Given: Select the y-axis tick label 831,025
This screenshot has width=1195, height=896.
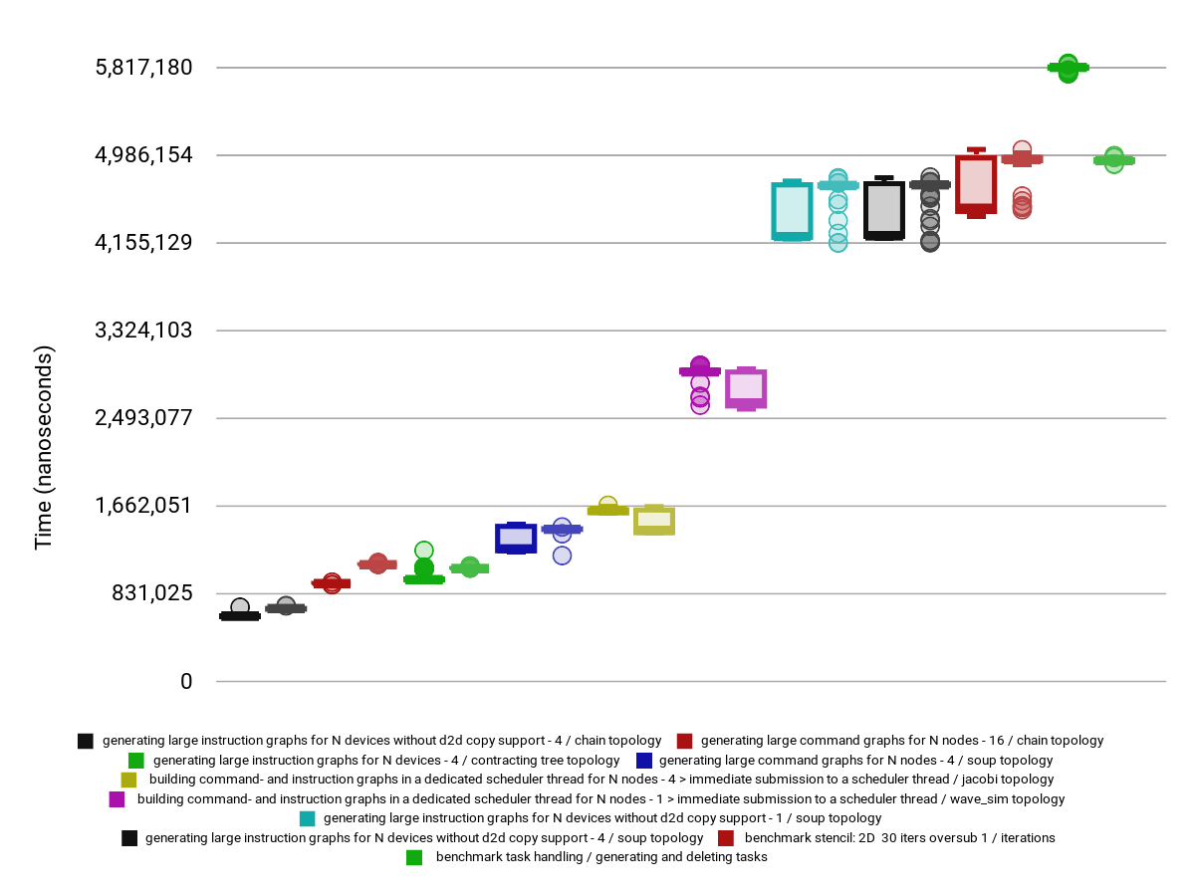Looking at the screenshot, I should (x=152, y=593).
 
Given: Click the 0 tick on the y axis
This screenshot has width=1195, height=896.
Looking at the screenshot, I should (x=185, y=681).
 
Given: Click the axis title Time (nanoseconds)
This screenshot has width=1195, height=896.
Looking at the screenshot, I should (x=44, y=448).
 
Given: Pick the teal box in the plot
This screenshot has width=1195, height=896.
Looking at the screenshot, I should (x=792, y=211).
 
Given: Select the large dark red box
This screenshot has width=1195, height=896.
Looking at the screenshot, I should (x=976, y=184).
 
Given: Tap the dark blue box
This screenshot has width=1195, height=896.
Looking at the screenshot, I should (x=516, y=538).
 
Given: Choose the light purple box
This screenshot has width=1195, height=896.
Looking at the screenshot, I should (x=746, y=388).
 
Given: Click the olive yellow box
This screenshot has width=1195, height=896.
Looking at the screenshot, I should (x=654, y=520).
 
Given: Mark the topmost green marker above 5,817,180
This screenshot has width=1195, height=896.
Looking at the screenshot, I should (x=1068, y=63).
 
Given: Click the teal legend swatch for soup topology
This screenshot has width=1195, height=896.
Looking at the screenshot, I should (x=308, y=818).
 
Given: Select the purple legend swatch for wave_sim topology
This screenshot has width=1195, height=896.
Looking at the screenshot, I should (x=118, y=799).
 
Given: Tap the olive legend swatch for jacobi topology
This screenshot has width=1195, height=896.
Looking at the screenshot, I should (x=129, y=780).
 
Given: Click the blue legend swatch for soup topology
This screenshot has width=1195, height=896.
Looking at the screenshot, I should (x=643, y=761).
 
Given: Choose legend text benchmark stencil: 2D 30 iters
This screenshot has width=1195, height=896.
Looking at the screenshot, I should (x=899, y=838).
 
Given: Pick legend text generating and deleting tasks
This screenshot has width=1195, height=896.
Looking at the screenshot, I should (x=601, y=857).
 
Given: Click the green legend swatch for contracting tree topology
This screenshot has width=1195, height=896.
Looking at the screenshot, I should (x=137, y=761).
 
